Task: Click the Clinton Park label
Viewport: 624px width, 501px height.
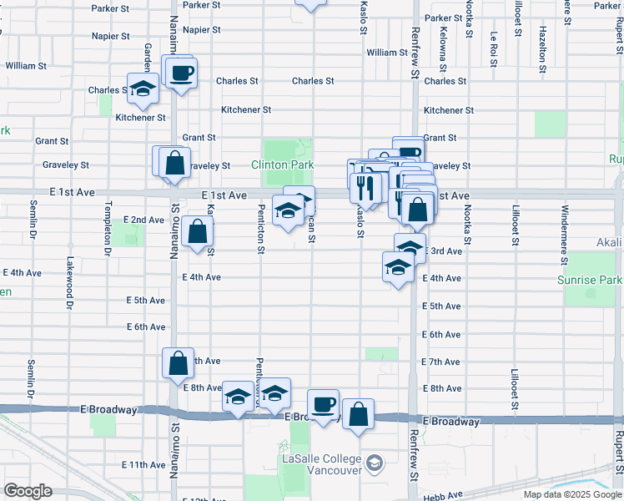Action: pyautogui.click(x=282, y=165)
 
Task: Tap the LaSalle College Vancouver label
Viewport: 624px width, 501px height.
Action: pyautogui.click(x=321, y=465)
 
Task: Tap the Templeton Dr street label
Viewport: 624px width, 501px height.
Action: pyautogui.click(x=108, y=228)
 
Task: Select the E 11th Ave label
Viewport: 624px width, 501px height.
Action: pyautogui.click(x=143, y=464)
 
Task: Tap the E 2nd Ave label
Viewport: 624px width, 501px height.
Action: pyautogui.click(x=143, y=220)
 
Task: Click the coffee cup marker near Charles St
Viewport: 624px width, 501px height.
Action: pyautogui.click(x=181, y=73)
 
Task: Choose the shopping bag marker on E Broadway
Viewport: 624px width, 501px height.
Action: pyautogui.click(x=358, y=415)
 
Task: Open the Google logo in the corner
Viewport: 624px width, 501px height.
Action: pyautogui.click(x=28, y=491)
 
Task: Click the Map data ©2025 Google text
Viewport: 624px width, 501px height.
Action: pyautogui.click(x=573, y=494)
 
